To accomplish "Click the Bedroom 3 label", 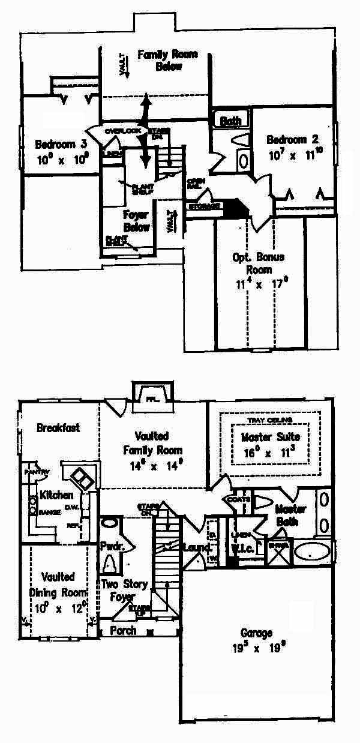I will click(x=61, y=145).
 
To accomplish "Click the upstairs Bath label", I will click(x=230, y=121).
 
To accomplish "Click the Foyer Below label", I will click(x=136, y=221).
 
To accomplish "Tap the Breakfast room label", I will click(x=58, y=428).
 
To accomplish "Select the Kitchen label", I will click(x=56, y=495).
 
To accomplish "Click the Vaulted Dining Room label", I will click(x=58, y=583).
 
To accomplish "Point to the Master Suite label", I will click(x=271, y=436).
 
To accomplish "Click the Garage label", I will click(x=256, y=633).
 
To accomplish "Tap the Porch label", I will click(x=123, y=631).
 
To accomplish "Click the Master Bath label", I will click(x=290, y=515).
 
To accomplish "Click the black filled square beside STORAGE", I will click(x=239, y=208).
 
